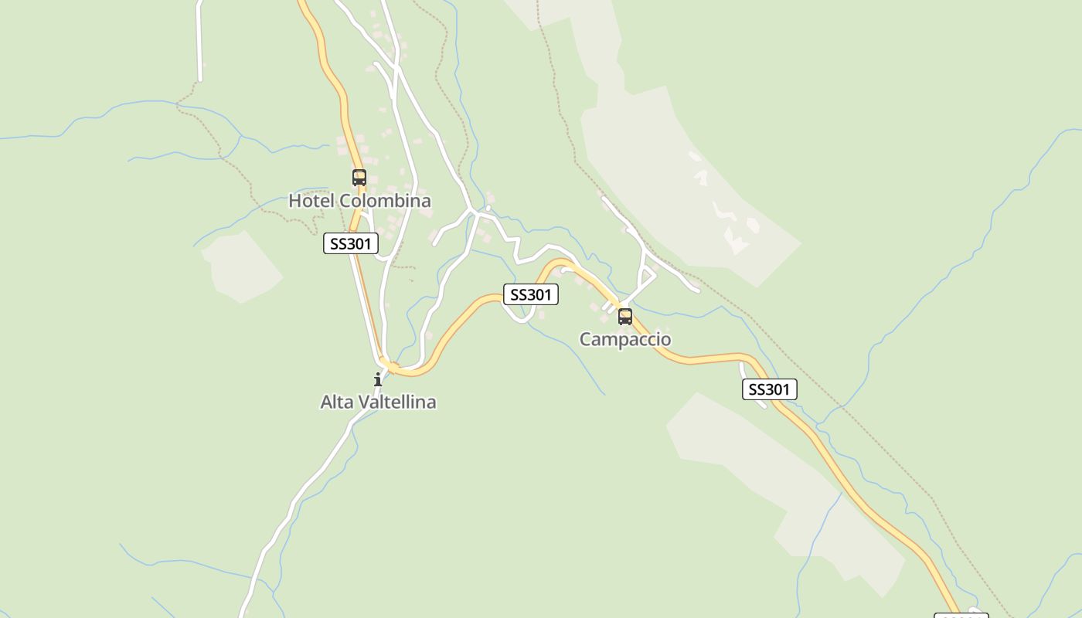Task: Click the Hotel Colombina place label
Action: [x=359, y=201]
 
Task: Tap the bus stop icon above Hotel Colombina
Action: [x=359, y=178]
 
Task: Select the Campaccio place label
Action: [x=625, y=339]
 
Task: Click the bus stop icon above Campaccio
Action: [x=625, y=316]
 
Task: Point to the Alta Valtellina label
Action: [x=378, y=402]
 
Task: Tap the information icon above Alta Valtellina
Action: [x=378, y=379]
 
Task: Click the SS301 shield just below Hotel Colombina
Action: [x=351, y=244]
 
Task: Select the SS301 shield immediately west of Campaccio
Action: [x=531, y=294]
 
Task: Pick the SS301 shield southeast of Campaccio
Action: [x=769, y=389]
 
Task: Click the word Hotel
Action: [x=311, y=201]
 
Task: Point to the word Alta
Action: [x=336, y=402]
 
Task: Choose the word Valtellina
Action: [x=396, y=402]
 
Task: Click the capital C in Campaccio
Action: [x=586, y=339]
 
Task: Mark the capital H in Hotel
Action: [x=294, y=201]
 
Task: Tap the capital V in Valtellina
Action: [x=362, y=402]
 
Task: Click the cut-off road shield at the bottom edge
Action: [x=961, y=615]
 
